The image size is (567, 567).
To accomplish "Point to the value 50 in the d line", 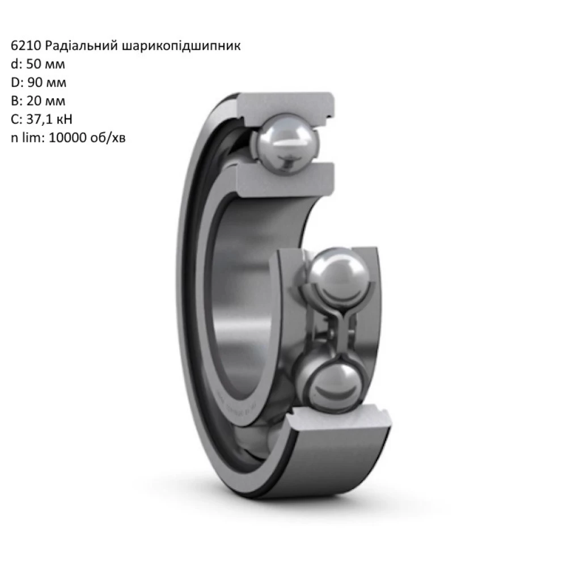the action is click(34, 65).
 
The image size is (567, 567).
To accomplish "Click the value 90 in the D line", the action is click(35, 83).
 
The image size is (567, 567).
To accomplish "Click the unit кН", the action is click(65, 120).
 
